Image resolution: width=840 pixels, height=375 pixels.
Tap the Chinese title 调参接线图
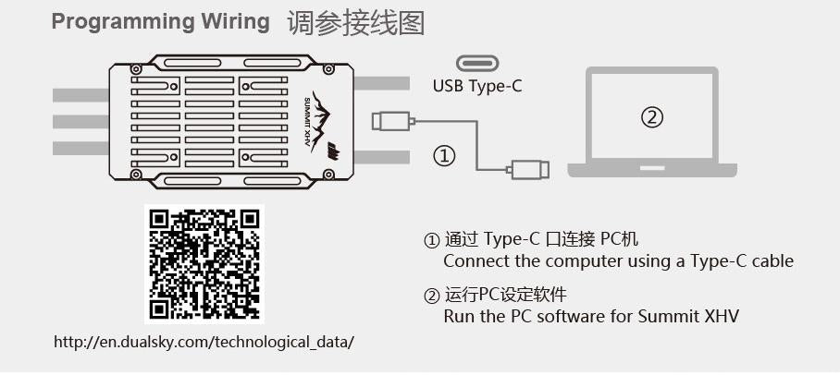[x=355, y=22]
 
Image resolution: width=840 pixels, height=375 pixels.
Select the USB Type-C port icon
[x=477, y=63]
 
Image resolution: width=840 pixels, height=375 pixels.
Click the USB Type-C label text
[x=477, y=87]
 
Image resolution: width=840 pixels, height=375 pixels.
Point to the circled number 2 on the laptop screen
[x=652, y=117]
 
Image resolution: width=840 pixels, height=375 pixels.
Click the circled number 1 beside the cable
[x=445, y=156]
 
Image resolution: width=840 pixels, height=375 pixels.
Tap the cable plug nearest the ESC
[x=390, y=120]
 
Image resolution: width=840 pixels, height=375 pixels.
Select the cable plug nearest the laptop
[x=528, y=169]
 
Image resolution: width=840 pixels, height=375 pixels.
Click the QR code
[x=204, y=264]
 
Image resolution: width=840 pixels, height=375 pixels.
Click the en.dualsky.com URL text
[x=204, y=342]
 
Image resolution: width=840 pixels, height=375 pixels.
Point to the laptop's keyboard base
[x=652, y=169]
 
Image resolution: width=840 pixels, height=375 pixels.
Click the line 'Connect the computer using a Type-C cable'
[x=618, y=260]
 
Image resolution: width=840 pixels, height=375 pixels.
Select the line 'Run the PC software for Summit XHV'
[x=591, y=317]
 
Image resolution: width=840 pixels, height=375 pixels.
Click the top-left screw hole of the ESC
[x=136, y=69]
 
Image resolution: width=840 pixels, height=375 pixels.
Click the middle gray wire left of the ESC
[x=80, y=121]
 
